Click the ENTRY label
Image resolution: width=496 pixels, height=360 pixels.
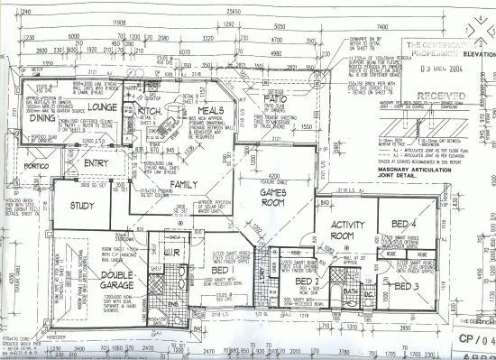coord(96,163)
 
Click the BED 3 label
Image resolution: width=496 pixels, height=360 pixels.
coord(406,285)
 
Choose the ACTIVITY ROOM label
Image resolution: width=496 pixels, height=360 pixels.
coord(347,231)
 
